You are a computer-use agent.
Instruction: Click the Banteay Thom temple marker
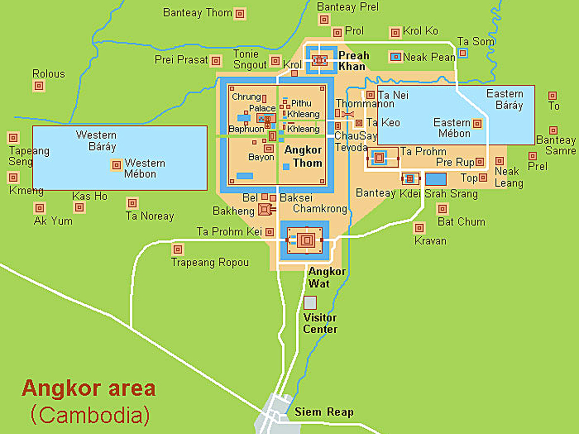(x=240, y=14)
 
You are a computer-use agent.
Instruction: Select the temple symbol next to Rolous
(x=39, y=86)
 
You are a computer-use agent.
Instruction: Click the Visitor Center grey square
(x=310, y=303)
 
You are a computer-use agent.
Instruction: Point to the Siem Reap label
(x=324, y=412)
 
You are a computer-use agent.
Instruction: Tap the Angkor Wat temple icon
(x=305, y=240)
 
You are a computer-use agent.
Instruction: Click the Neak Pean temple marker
(x=396, y=57)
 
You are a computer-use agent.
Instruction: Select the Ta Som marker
(x=463, y=53)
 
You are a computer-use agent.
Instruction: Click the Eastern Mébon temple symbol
(x=477, y=123)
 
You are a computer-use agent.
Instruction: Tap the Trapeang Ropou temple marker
(x=178, y=249)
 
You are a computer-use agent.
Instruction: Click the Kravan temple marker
(x=420, y=228)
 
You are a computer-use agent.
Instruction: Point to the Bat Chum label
(x=461, y=222)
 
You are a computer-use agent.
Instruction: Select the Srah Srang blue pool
(x=436, y=179)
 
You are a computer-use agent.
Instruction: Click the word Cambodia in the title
(x=90, y=414)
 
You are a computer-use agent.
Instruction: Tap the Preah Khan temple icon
(x=319, y=60)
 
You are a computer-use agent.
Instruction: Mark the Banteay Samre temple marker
(x=553, y=130)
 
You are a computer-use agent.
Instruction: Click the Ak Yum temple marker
(x=40, y=208)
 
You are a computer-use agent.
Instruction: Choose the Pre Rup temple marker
(x=480, y=162)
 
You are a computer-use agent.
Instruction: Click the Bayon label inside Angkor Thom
(x=261, y=157)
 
